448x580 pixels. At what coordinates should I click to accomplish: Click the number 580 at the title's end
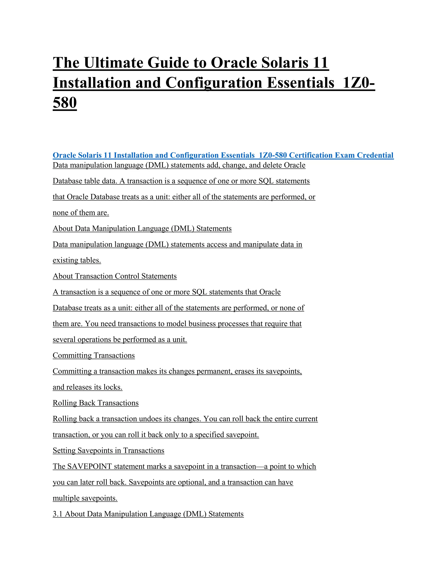(65, 103)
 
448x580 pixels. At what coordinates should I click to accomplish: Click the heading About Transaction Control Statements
(115, 276)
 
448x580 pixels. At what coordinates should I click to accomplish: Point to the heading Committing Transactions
(94, 355)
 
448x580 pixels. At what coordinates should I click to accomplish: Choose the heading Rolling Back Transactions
(96, 403)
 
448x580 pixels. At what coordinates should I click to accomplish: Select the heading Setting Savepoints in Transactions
(108, 450)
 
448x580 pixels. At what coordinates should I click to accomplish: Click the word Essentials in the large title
(300, 83)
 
